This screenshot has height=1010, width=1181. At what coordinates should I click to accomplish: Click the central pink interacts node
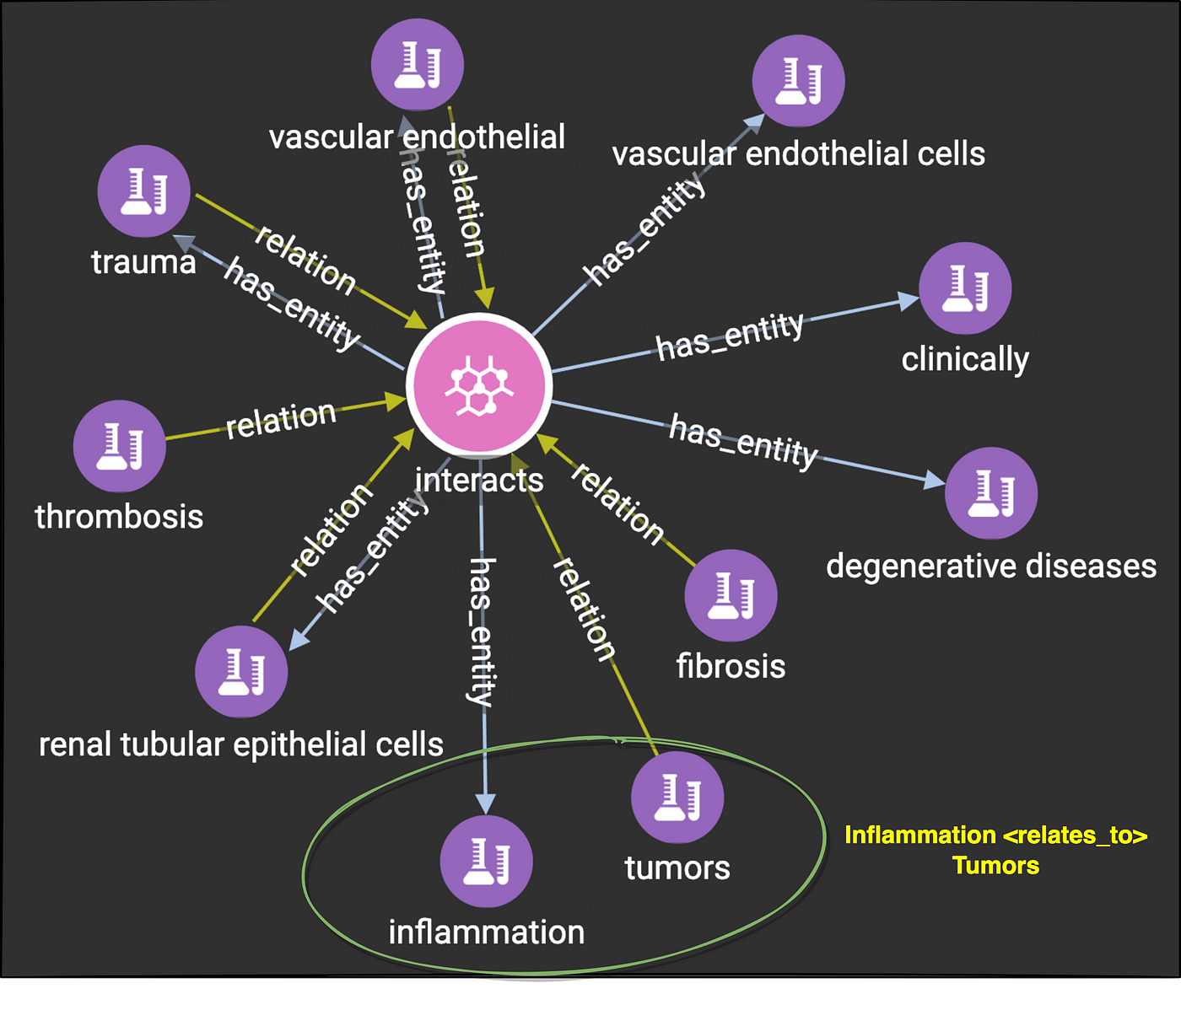(479, 385)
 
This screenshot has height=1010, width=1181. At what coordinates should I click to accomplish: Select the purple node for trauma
(143, 191)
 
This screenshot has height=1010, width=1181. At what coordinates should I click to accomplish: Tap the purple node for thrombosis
(119, 446)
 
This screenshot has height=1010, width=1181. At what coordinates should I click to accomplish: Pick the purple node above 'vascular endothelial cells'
(798, 81)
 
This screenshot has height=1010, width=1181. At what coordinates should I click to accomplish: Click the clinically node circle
(964, 288)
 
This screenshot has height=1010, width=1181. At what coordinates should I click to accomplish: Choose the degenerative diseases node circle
(990, 493)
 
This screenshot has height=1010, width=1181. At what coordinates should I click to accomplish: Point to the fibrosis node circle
(730, 595)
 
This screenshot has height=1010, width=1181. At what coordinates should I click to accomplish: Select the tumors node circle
(677, 798)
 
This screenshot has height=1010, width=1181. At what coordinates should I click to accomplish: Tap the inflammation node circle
(486, 861)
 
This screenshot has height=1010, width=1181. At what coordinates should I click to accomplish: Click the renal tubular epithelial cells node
(241, 672)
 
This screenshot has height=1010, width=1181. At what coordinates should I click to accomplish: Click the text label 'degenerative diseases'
(990, 566)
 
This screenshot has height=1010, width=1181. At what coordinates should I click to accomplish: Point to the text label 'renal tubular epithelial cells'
(241, 744)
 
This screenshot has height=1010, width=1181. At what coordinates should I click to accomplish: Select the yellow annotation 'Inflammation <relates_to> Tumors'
(995, 850)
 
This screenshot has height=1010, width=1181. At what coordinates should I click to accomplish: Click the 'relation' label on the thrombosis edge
(281, 419)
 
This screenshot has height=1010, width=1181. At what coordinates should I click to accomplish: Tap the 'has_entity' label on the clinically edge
(730, 336)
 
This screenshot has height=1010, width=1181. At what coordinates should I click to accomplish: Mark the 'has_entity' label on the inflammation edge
(482, 631)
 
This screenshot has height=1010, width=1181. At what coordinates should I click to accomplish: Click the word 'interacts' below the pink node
(479, 480)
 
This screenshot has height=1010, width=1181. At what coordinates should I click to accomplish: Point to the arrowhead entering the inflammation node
(485, 803)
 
